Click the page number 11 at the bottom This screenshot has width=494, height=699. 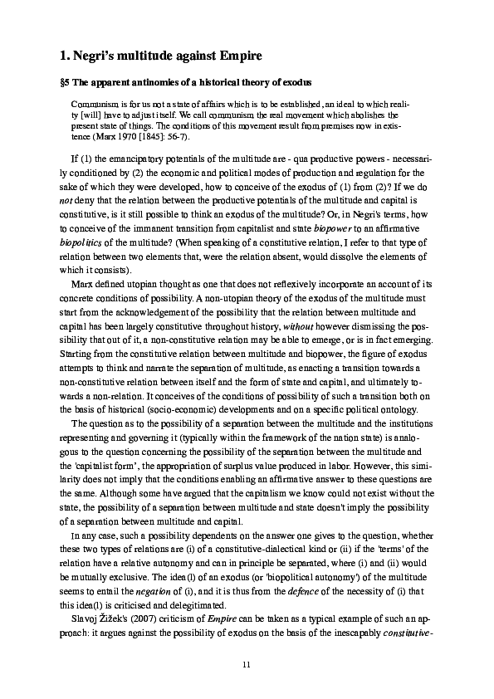[x=247, y=664]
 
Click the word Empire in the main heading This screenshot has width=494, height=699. [x=237, y=56]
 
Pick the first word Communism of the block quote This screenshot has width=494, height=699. [x=93, y=105]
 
